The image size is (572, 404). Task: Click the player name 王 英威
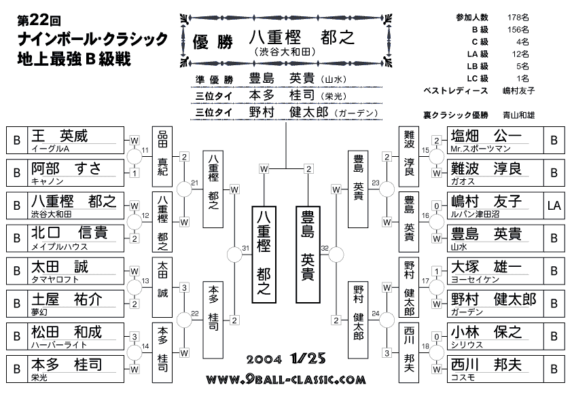pos(60,136)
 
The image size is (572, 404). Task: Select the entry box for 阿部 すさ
pos(65,173)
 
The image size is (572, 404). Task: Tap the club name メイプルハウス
pos(60,247)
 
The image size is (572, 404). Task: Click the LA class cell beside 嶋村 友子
pos(554,206)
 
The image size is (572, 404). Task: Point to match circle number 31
pos(234,255)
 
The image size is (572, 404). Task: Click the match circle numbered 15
pos(436,157)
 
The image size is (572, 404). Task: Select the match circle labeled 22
pos(184,320)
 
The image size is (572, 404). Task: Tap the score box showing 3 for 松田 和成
pos(135,337)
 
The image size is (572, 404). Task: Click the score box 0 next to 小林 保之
pos(437,337)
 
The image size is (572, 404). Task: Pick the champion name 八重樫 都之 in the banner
pos(302,37)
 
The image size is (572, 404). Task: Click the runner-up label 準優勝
pos(214,80)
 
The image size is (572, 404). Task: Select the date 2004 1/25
pos(286,359)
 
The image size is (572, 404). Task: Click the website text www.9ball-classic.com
pos(286,380)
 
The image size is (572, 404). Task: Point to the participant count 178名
pos(518,18)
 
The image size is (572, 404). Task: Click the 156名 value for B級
pos(518,29)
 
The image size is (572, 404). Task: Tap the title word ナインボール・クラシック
pos(92,39)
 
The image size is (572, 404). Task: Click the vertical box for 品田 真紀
pos(162,157)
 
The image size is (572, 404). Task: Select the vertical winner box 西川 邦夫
pos(408,352)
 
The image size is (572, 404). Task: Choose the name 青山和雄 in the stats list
pos(519,115)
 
